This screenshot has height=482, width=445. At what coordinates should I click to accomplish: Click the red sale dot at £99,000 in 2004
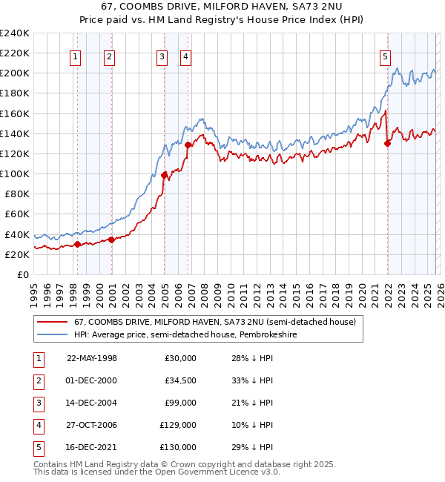coord(164,175)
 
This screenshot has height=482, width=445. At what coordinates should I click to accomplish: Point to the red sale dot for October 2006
coord(188,145)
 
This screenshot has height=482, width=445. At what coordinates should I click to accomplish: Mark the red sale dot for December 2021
coord(387,144)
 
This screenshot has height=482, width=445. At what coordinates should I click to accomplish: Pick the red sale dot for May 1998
coord(77,244)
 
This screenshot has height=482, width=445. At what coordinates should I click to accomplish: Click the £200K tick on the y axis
coord(15,73)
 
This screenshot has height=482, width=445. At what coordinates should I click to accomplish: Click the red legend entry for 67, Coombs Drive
coord(215,322)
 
